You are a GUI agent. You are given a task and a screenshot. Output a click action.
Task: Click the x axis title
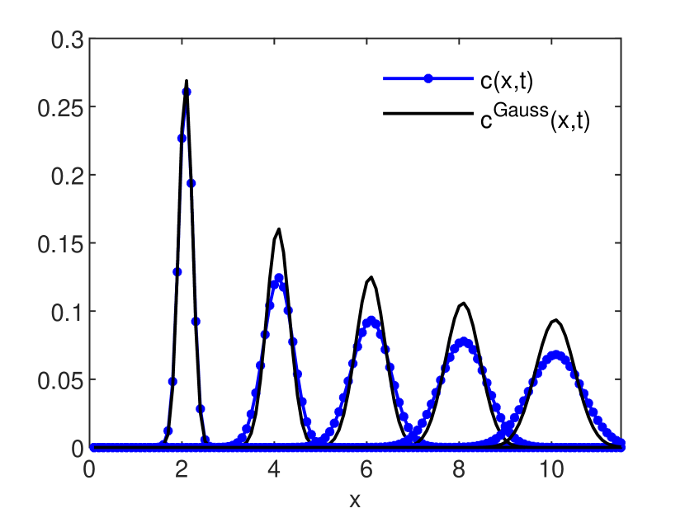(x=355, y=500)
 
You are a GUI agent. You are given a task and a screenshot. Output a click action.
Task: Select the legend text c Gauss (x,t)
(x=535, y=118)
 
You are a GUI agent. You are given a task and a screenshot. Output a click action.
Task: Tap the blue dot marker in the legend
(x=428, y=79)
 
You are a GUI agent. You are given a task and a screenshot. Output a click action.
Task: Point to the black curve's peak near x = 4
(x=279, y=229)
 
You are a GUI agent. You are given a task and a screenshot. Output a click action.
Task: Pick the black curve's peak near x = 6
(x=371, y=277)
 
